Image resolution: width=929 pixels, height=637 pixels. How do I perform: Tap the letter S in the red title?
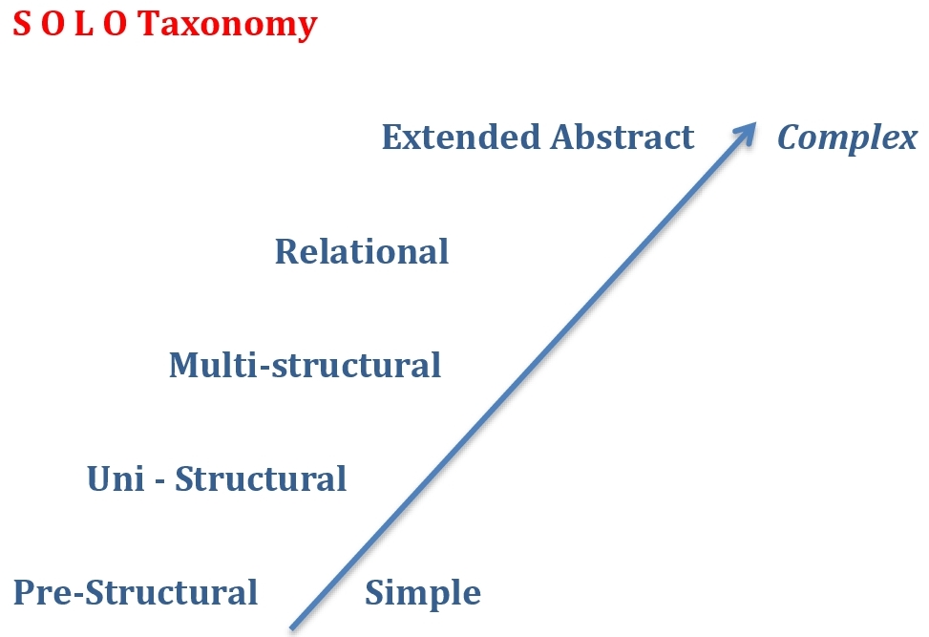pyautogui.click(x=20, y=23)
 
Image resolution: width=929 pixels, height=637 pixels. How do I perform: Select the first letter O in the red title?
pyautogui.click(x=51, y=23)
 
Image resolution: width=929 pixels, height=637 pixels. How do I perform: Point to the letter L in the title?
pyautogui.click(x=82, y=23)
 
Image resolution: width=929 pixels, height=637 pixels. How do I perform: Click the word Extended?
pyautogui.click(x=461, y=137)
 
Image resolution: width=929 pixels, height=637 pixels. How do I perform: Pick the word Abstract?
pyautogui.click(x=622, y=137)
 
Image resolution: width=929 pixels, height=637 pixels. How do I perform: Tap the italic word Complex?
pyautogui.click(x=847, y=138)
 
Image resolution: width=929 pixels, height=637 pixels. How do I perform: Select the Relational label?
pyautogui.click(x=362, y=251)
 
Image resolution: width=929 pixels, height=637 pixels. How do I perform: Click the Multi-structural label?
pyautogui.click(x=305, y=365)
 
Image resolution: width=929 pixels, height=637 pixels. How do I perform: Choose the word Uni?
pyautogui.click(x=113, y=478)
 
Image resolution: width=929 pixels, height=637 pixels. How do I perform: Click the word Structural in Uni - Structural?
pyautogui.click(x=261, y=478)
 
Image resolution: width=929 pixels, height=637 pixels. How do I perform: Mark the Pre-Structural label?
pyautogui.click(x=136, y=592)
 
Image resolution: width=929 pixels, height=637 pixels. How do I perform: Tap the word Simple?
pyautogui.click(x=423, y=594)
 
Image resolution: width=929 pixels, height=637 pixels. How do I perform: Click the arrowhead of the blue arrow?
pyautogui.click(x=748, y=132)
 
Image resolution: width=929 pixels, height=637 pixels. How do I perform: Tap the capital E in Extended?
pyautogui.click(x=392, y=137)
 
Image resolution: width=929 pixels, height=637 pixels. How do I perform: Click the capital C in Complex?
pyautogui.click(x=789, y=138)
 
